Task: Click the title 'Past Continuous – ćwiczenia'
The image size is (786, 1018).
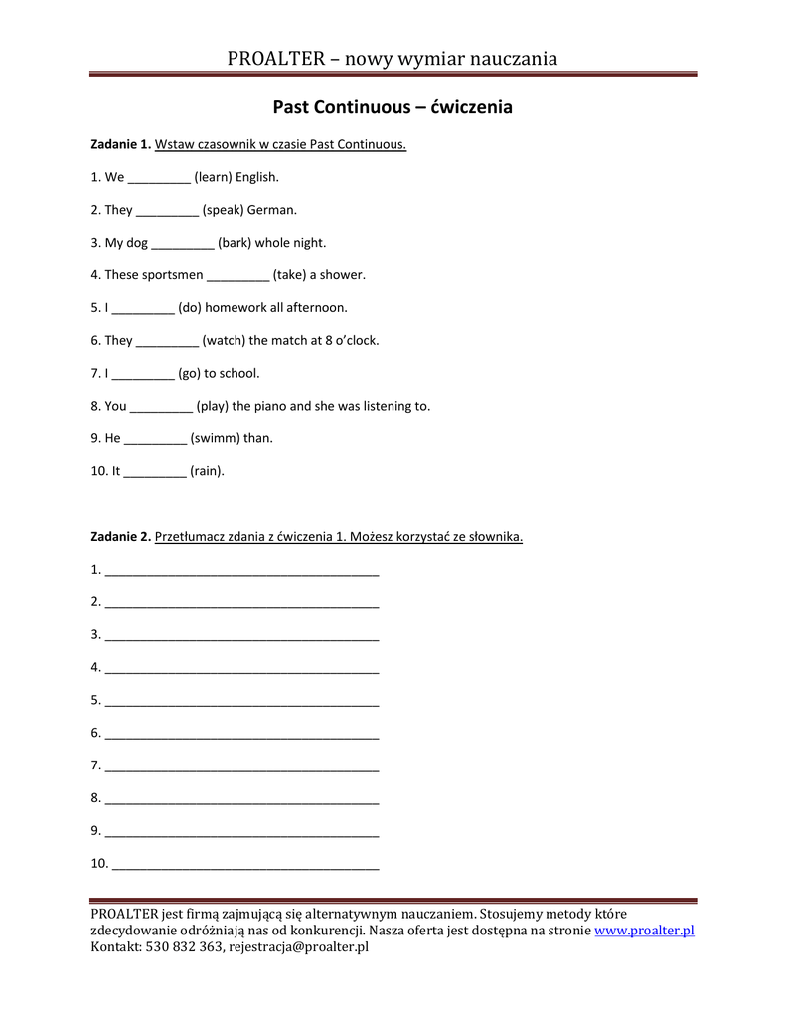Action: [393, 107]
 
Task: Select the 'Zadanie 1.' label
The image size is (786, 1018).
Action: [121, 145]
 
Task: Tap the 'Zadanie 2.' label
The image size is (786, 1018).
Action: [121, 537]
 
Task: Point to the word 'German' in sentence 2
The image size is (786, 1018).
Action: [271, 211]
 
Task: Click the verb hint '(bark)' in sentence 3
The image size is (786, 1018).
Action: [235, 243]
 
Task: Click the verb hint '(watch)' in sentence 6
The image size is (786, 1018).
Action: [224, 341]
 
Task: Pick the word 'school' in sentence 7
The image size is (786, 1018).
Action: [238, 374]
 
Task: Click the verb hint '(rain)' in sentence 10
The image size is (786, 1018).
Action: [207, 471]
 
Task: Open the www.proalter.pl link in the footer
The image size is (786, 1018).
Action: [644, 931]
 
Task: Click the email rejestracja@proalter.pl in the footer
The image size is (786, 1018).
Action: [298, 947]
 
